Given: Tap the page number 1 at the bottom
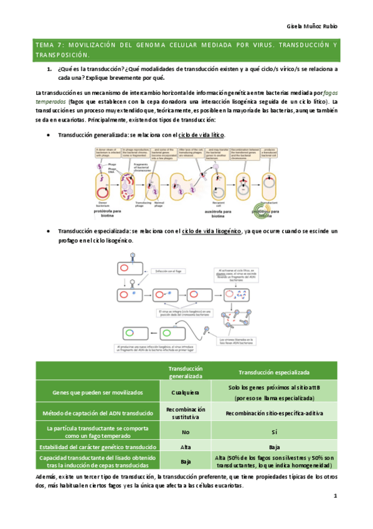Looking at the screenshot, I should [334, 497].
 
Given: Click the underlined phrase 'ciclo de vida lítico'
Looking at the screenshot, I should [201, 135].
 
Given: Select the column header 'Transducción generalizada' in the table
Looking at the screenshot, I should [186, 372].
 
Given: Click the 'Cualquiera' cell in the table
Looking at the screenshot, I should [186, 392].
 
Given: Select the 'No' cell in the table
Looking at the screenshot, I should [186, 431].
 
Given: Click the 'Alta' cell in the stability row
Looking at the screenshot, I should [186, 447].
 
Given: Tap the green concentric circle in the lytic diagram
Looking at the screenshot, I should [265, 205].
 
